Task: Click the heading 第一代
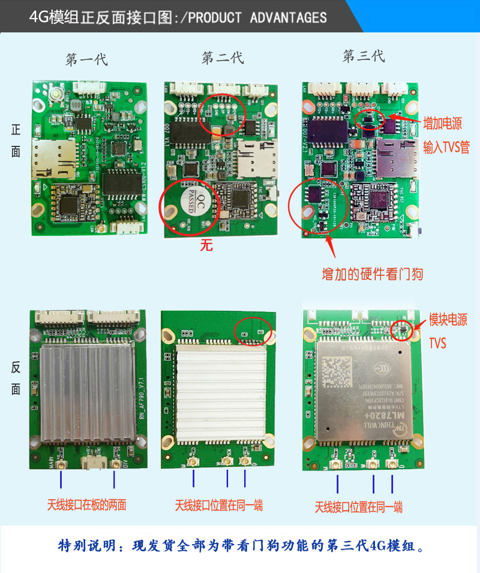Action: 86,59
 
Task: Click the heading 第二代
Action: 223,58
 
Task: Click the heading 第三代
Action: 363,56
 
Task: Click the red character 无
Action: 206,245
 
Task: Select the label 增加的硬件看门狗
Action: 372,275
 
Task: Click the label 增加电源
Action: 443,124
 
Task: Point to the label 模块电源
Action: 448,320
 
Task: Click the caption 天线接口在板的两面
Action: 87,505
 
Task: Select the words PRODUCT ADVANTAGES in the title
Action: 258,17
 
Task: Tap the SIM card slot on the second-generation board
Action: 254,157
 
